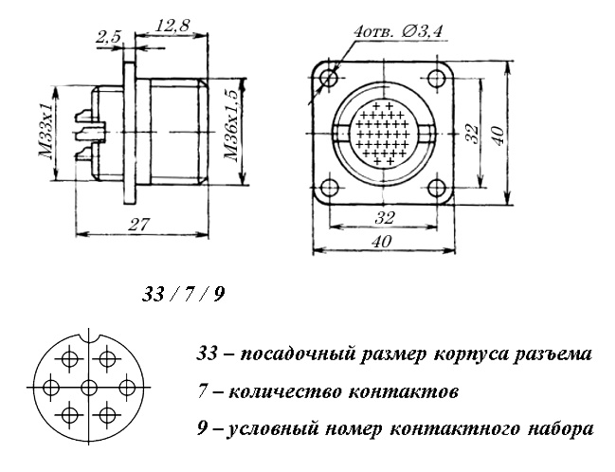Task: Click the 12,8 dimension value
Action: [172, 28]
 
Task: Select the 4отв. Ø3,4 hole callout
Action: [397, 33]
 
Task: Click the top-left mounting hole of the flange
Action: [330, 77]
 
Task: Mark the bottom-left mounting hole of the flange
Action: [330, 188]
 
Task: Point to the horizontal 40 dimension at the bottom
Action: [383, 243]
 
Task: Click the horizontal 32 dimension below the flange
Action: [383, 217]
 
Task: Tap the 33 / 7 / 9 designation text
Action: [183, 295]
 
